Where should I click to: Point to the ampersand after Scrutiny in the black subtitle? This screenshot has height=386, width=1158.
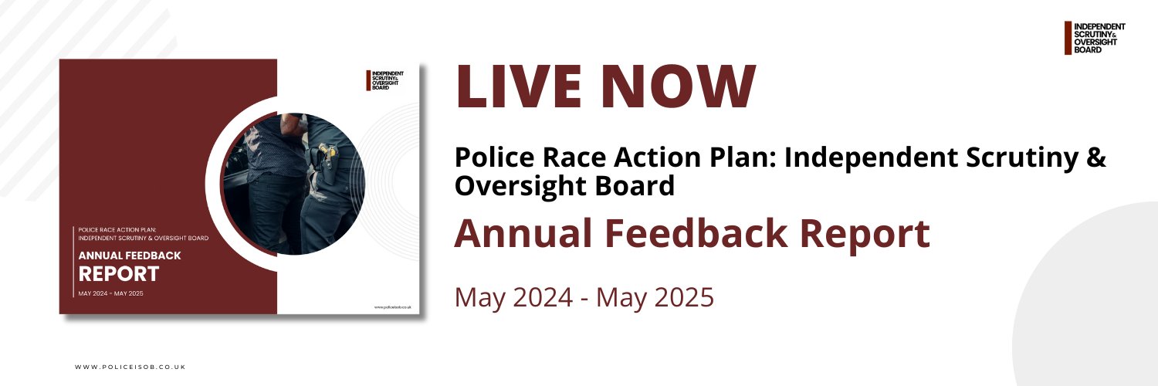point(1097,158)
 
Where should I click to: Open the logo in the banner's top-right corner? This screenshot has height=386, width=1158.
point(1095,38)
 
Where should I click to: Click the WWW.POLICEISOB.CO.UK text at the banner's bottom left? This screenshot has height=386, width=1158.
point(130,367)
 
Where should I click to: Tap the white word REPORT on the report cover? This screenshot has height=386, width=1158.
point(119,273)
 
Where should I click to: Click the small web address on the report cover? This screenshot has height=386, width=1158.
point(392,306)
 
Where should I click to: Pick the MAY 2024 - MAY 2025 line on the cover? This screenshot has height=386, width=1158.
point(110,293)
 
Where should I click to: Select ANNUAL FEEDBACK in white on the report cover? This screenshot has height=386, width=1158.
point(130,256)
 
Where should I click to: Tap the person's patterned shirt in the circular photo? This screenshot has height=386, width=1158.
point(266,147)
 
